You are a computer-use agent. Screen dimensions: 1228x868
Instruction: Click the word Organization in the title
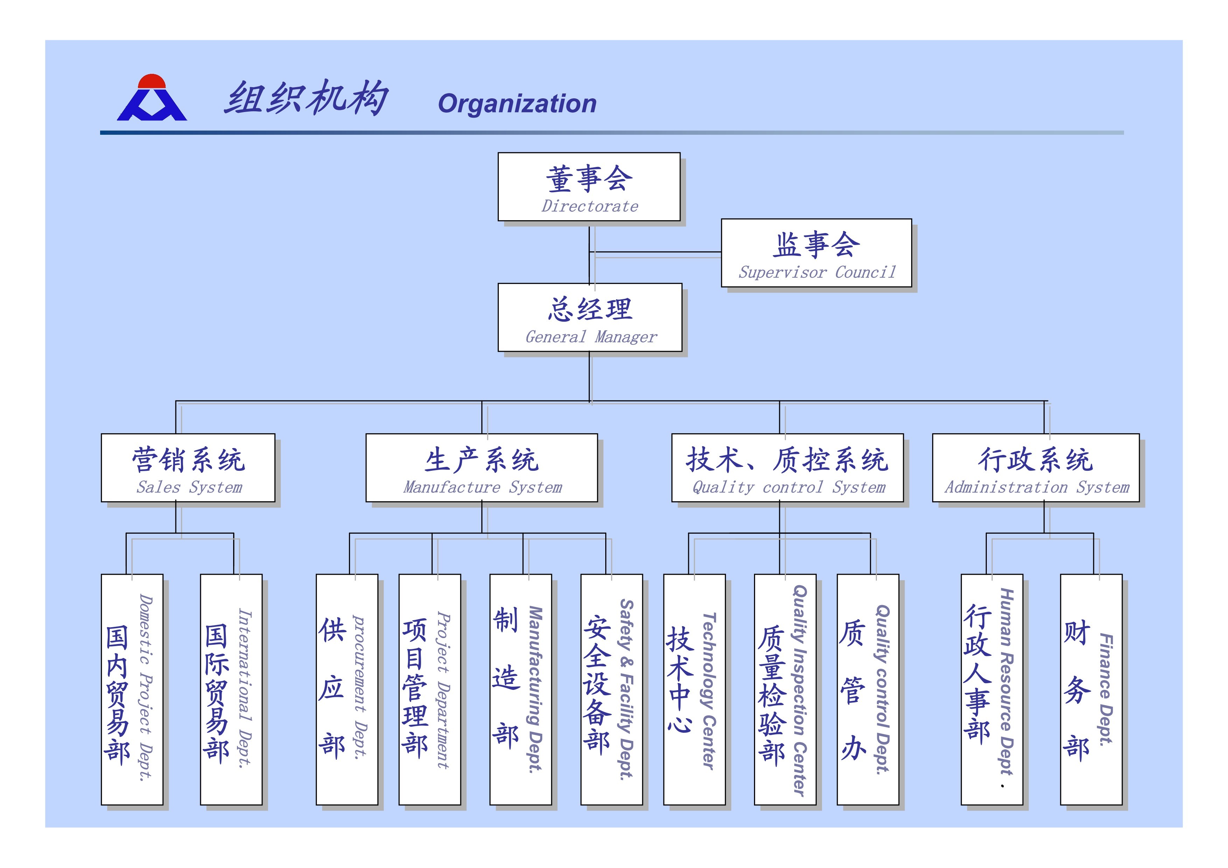pos(517,103)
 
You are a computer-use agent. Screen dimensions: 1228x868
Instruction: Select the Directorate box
pos(589,187)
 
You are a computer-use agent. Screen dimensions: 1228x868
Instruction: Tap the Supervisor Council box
pos(816,252)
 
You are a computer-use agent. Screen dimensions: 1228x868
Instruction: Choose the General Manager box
pos(590,317)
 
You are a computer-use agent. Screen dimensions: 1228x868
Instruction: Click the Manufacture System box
pos(481,468)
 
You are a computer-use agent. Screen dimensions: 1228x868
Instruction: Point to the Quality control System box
pos(787,468)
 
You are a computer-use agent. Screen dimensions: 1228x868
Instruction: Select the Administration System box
pos(1035,468)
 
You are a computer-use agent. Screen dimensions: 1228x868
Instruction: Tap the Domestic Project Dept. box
pos(132,689)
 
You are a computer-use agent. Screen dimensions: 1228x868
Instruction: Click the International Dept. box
pos(231,689)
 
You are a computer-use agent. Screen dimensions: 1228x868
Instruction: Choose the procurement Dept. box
pos(347,689)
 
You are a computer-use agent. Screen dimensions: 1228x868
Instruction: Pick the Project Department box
pos(430,689)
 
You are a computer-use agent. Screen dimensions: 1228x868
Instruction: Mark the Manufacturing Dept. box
pos(521,689)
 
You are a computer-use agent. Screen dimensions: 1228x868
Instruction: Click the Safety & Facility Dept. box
pos(611,689)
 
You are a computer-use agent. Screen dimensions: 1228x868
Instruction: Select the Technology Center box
pos(694,689)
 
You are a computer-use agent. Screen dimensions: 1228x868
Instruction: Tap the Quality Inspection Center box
pos(785,689)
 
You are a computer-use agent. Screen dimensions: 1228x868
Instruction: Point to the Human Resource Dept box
pos(992,689)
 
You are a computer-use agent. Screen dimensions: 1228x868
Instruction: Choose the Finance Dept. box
pos(1091,689)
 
